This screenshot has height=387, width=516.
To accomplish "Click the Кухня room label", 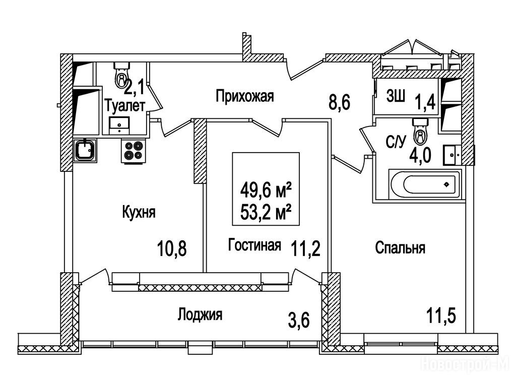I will [139, 212].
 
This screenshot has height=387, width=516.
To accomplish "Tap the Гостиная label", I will [254, 245].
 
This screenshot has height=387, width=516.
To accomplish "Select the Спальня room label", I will [400, 247].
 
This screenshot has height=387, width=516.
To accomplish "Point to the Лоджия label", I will [200, 315].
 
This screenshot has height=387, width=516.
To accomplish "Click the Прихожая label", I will [245, 96].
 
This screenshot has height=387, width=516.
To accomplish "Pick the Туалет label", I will [125, 106].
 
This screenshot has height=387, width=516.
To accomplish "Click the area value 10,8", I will [173, 248].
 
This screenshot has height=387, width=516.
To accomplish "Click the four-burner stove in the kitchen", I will [134, 150].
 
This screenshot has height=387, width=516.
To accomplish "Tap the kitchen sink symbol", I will [85, 150].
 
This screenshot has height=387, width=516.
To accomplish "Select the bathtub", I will [424, 184].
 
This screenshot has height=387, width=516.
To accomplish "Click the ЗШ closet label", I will [396, 96].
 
